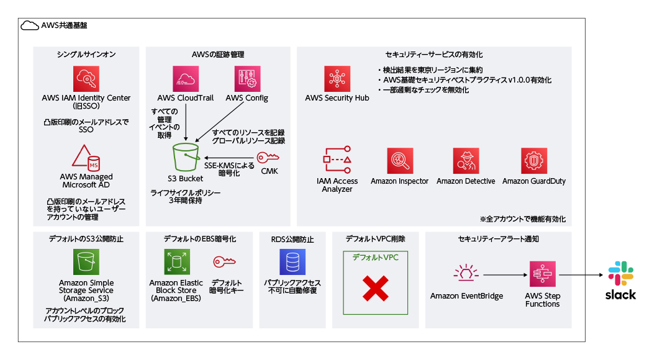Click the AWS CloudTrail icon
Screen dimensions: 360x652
[x=186, y=79]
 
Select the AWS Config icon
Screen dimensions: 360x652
[x=247, y=79]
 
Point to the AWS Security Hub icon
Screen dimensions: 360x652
[x=337, y=79]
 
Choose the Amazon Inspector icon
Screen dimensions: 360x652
[x=399, y=161]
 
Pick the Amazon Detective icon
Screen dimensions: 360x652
[x=466, y=161]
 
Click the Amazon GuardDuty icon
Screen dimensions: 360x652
[x=533, y=161]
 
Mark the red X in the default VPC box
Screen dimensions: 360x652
[x=375, y=289]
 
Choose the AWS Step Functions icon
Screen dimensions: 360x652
[x=542, y=274]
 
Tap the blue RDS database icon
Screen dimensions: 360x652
[x=292, y=262]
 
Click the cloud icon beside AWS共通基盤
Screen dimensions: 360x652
[x=29, y=25]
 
